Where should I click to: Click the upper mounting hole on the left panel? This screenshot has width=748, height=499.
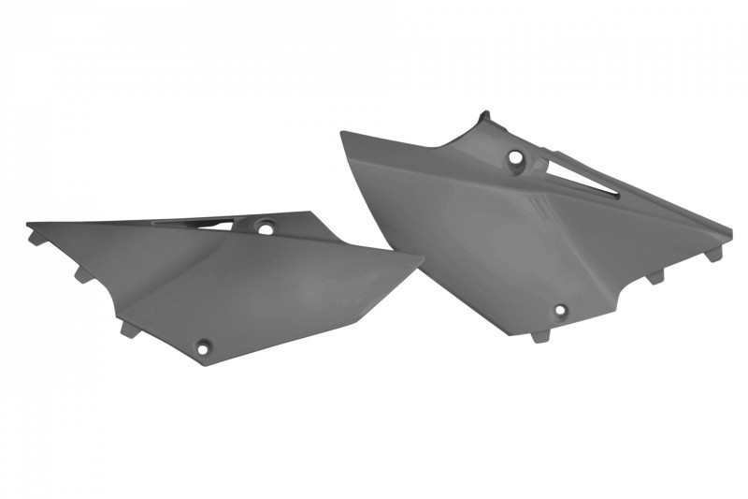tap(266, 227)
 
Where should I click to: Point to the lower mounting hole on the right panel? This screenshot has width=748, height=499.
tap(560, 311)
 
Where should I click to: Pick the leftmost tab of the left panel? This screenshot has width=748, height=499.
tap(36, 237)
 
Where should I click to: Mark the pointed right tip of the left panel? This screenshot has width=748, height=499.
tap(422, 259)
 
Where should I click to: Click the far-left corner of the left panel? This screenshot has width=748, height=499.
tap(27, 224)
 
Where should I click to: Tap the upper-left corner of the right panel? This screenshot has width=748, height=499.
tap(343, 132)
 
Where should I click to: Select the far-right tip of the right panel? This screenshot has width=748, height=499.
tap(731, 228)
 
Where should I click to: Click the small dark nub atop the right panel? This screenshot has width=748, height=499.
tap(484, 116)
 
